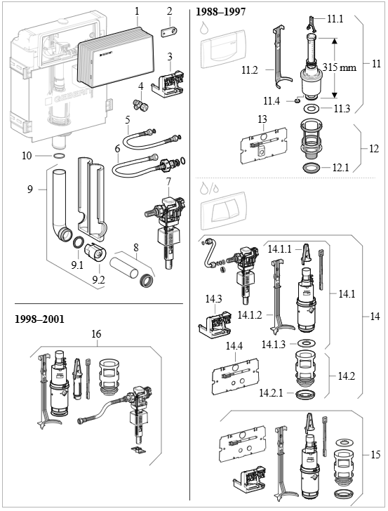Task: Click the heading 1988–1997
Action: (220, 12)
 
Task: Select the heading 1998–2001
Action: (40, 319)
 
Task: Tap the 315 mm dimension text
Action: (339, 67)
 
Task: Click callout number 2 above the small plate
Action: (169, 11)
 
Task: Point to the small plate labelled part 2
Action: (169, 32)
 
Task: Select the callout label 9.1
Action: (77, 266)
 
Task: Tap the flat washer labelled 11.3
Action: (312, 108)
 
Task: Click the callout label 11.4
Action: (272, 101)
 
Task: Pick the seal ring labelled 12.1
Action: (312, 168)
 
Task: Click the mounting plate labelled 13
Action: (264, 145)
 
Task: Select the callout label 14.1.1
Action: (279, 250)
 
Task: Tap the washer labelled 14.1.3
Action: (307, 343)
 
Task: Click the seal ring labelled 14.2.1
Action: (306, 394)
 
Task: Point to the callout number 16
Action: (96, 334)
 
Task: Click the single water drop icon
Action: (204, 27)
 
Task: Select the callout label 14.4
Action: (234, 345)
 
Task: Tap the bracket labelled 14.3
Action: (215, 324)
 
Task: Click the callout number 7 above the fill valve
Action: (168, 182)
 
